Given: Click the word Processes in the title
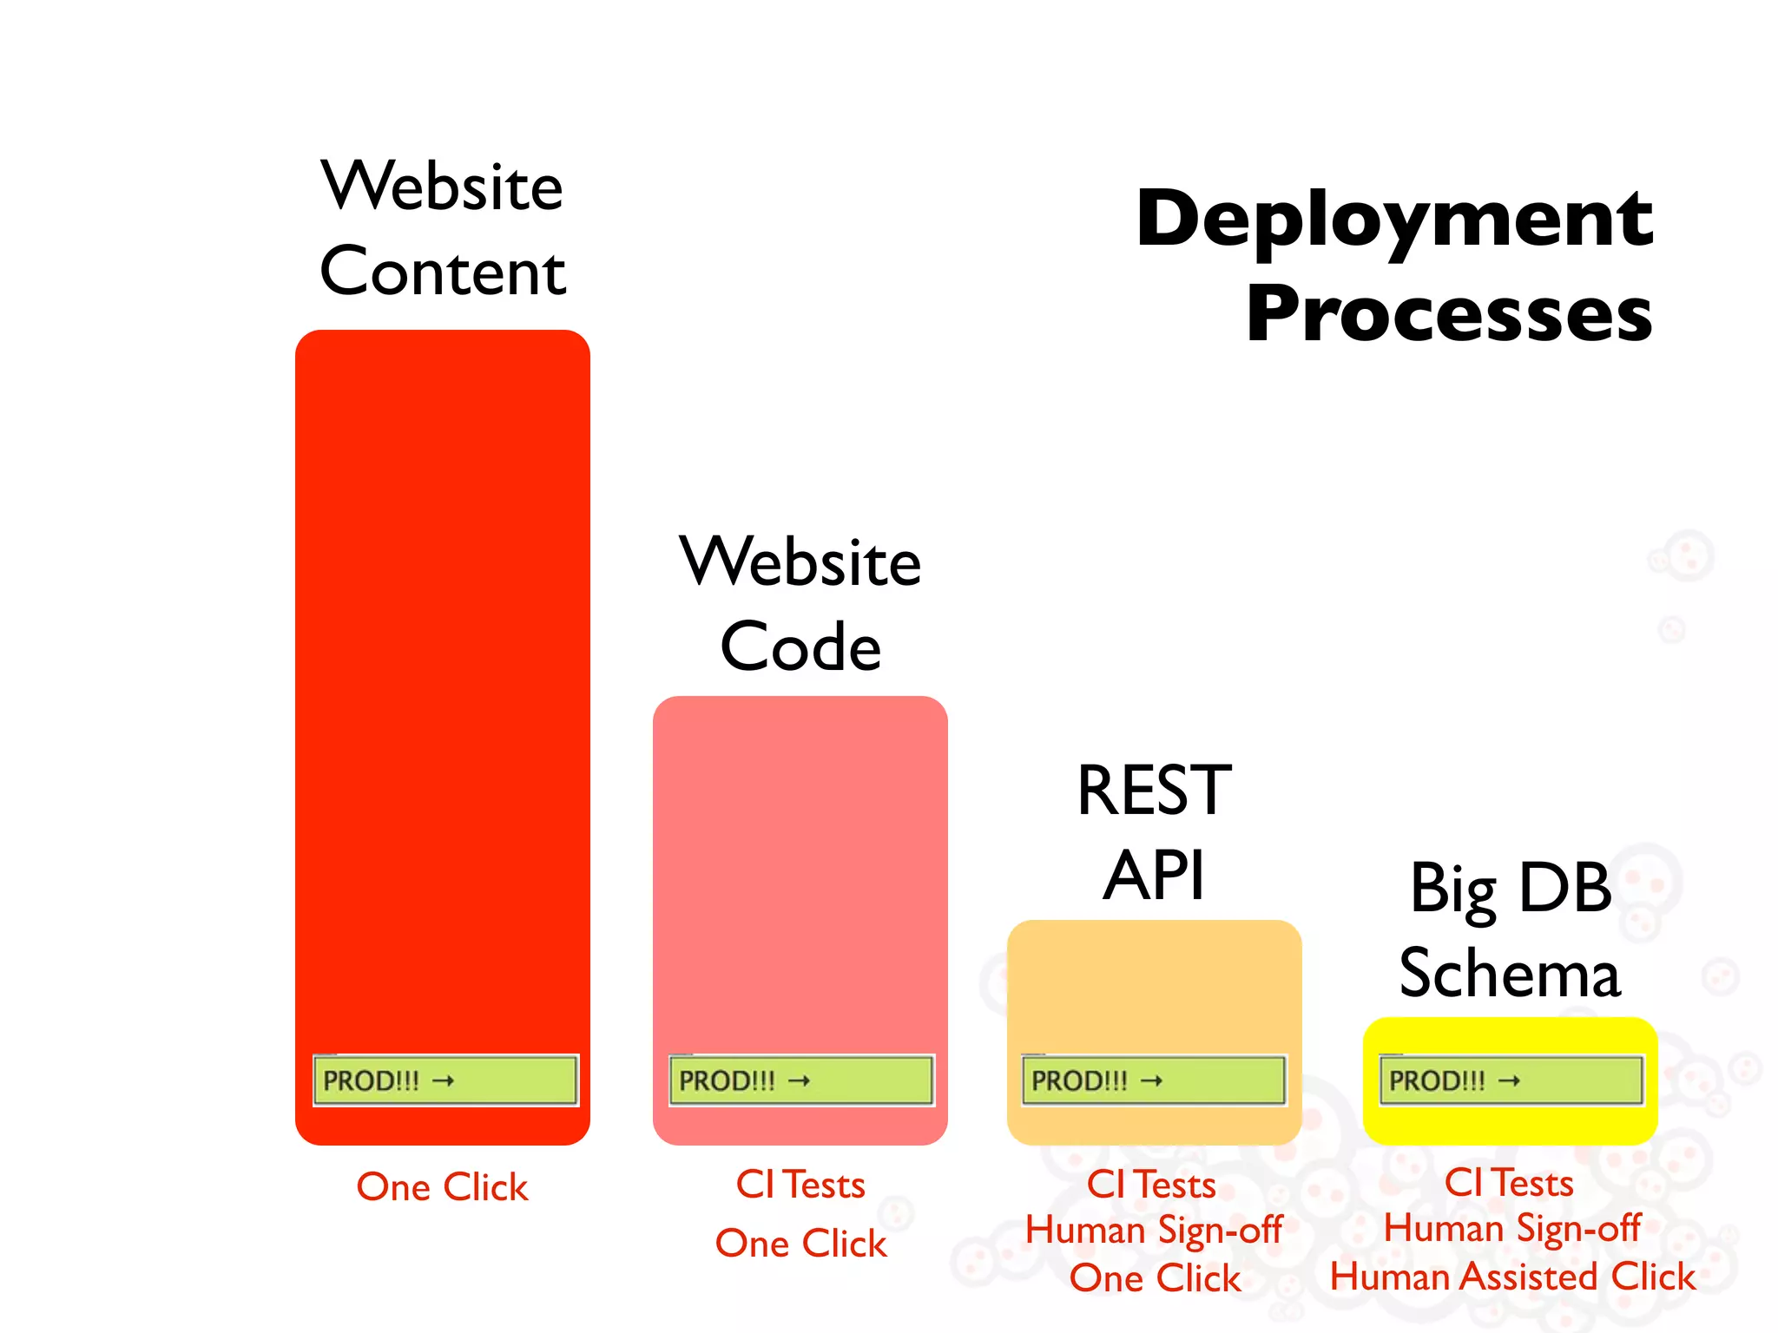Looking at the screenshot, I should (x=1448, y=314).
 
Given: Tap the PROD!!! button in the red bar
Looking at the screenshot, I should (x=444, y=1080).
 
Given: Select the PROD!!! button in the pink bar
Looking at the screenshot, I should (x=800, y=1080).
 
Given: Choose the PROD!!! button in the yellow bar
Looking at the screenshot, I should (x=1511, y=1080).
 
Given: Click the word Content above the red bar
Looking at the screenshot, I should (x=443, y=272).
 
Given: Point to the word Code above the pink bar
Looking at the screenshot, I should (x=800, y=647).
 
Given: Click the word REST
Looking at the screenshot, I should (x=1154, y=791).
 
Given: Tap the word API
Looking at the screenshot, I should (x=1154, y=876).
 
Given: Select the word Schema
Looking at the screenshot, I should (x=1510, y=974).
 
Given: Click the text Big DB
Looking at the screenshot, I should (x=1510, y=889).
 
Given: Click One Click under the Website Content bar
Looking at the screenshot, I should (x=442, y=1187).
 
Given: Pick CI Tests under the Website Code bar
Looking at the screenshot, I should (x=800, y=1185).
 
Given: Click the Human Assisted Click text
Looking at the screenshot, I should (x=1511, y=1277).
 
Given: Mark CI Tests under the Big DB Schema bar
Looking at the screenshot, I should (x=1509, y=1183).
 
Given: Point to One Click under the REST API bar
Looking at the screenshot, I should (x=1155, y=1278).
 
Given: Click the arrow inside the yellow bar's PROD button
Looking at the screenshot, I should (x=1509, y=1080).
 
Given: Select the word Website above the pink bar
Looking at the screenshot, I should (x=800, y=562).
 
